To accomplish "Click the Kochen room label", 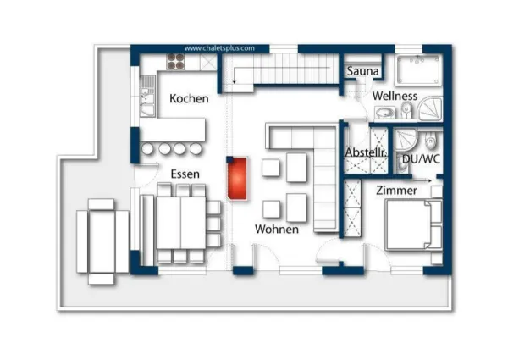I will pyautogui.click(x=189, y=98).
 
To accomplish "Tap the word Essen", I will pyautogui.click(x=185, y=174).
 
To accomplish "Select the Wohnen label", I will pyautogui.click(x=277, y=229).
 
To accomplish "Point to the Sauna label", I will pyautogui.click(x=362, y=72).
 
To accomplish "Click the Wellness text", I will pyautogui.click(x=395, y=96).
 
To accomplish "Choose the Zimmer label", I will pyautogui.click(x=396, y=191).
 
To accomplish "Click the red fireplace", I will pyautogui.click(x=237, y=178).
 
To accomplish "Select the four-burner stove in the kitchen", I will pyautogui.click(x=176, y=61).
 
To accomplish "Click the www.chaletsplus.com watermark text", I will pyautogui.click(x=219, y=48).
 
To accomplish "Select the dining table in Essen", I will pyautogui.click(x=179, y=220).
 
